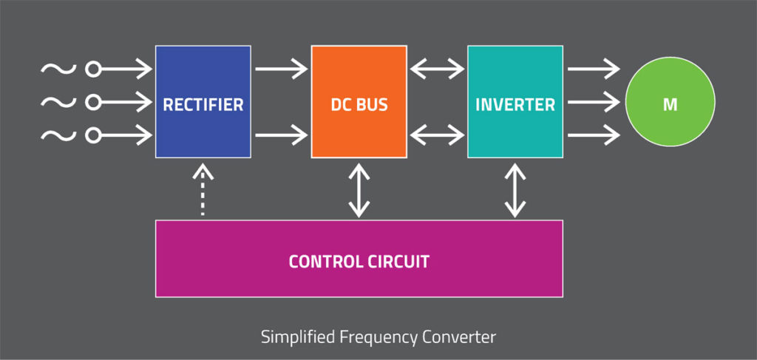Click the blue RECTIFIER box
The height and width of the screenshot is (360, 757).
tap(203, 102)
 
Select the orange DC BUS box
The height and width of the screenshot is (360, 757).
tap(359, 102)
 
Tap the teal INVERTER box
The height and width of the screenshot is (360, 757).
tap(515, 102)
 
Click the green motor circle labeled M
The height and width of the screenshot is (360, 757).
tap(670, 103)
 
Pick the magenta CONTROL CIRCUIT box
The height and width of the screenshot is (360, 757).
tap(359, 259)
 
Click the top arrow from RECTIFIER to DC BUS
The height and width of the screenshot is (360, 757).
tap(281, 70)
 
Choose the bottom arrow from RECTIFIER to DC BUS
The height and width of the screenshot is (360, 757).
tap(281, 135)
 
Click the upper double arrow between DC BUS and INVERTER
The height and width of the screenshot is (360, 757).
tap(437, 70)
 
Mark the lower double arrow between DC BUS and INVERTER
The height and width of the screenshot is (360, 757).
tap(437, 135)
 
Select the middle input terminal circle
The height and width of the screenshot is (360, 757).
tap(93, 102)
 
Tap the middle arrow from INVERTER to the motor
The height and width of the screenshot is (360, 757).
tap(594, 102)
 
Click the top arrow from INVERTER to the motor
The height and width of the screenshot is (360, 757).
tap(594, 70)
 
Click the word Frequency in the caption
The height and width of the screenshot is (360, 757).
tap(376, 337)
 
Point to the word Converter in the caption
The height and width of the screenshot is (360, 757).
tap(458, 337)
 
